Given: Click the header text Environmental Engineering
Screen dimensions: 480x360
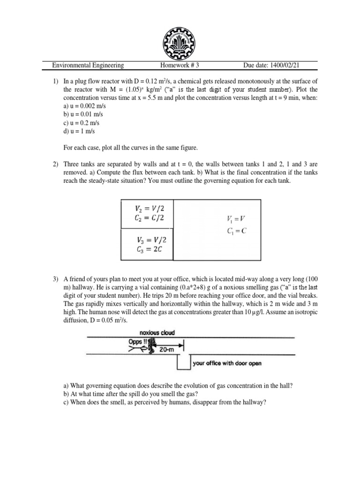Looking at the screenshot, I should [x=88, y=66].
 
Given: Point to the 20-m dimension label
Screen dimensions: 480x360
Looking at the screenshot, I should [x=165, y=350].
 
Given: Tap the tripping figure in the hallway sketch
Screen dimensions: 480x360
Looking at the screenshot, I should [x=151, y=345].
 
